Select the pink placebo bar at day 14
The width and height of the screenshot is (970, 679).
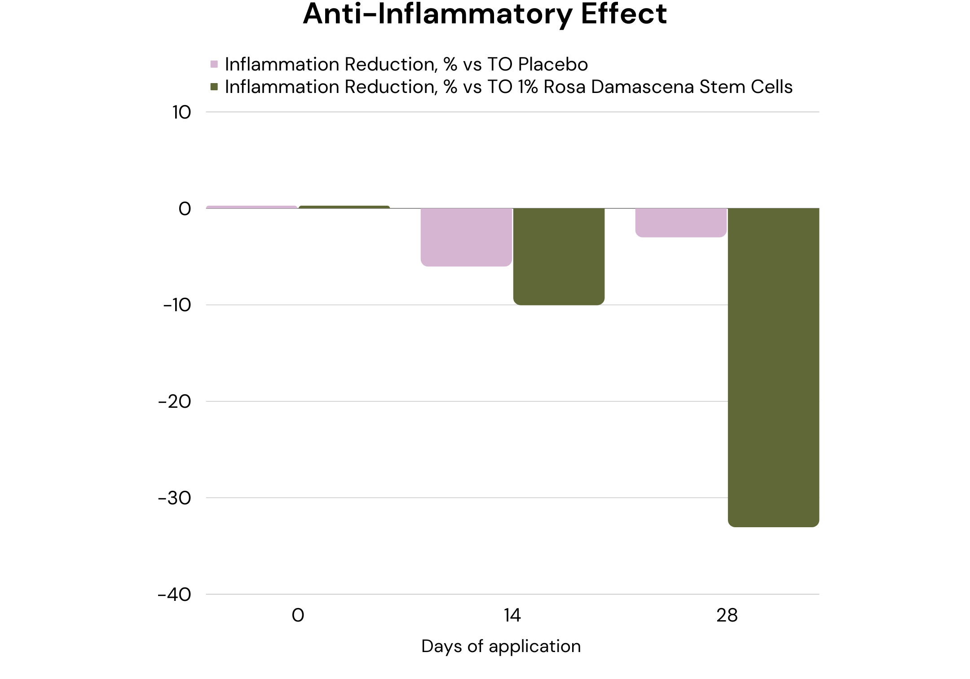(466, 237)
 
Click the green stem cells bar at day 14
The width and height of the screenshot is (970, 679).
(559, 256)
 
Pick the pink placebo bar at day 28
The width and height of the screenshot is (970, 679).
(681, 222)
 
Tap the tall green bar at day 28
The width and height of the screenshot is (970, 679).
(773, 367)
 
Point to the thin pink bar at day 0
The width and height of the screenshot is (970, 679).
(251, 207)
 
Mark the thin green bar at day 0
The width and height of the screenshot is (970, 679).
(344, 207)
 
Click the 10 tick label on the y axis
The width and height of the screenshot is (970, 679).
(181, 112)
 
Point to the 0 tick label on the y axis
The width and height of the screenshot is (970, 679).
(185, 209)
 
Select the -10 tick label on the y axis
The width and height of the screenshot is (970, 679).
(177, 305)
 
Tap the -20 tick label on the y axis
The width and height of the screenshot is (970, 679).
(175, 401)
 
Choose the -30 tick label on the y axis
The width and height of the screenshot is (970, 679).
(175, 498)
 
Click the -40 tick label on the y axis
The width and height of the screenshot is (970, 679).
(175, 595)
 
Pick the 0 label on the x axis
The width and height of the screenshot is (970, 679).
(298, 615)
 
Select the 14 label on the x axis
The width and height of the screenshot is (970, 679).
(512, 615)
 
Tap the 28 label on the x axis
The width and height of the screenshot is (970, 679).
(727, 615)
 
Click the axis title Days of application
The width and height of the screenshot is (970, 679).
(501, 646)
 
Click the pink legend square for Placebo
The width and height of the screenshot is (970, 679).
(214, 64)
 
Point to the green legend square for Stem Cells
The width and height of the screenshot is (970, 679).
(214, 87)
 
